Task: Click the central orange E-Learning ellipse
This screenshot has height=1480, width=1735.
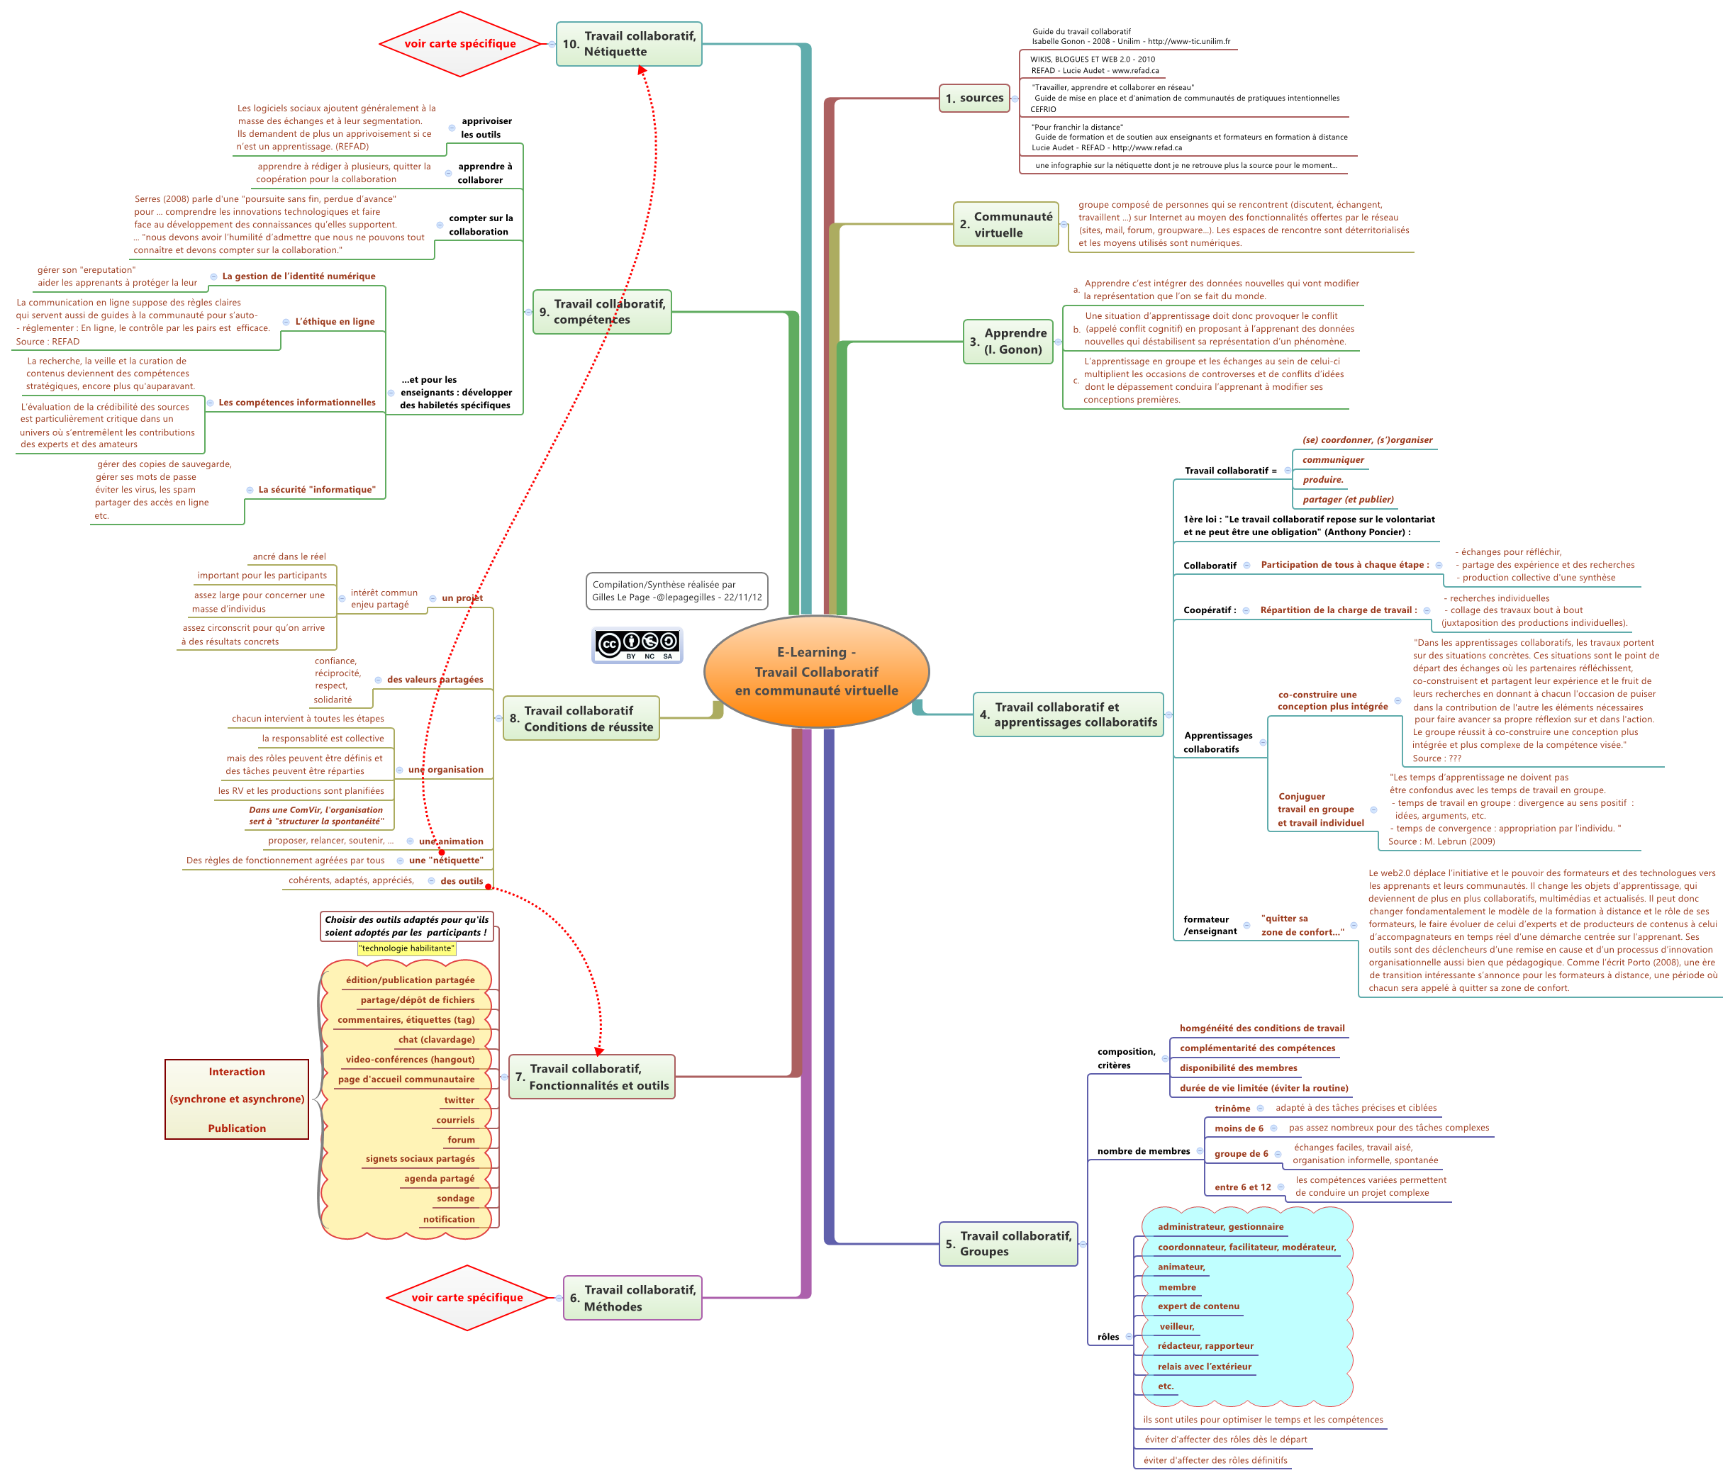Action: coord(816,671)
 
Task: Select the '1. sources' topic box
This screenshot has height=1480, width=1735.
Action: coord(974,98)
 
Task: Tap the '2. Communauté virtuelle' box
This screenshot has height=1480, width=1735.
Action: coord(1005,225)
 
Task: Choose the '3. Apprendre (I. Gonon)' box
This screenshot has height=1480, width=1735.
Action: coord(1008,342)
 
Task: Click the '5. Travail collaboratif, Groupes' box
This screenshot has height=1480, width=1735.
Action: coord(1008,1244)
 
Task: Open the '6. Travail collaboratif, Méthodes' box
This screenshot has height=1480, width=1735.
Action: coord(632,1298)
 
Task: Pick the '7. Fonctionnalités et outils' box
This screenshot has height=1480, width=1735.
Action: coord(592,1077)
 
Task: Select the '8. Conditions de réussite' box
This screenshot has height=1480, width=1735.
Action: coord(581,718)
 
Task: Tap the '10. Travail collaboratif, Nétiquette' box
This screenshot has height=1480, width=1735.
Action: coord(629,43)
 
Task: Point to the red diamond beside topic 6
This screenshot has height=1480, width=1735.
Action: coord(467,1298)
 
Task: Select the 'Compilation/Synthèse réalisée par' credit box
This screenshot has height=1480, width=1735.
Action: coord(676,591)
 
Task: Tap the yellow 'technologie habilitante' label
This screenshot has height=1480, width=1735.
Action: coord(407,948)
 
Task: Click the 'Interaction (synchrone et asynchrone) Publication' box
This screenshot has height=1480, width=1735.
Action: coord(237,1099)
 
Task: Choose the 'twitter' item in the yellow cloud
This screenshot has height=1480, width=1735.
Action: coord(459,1100)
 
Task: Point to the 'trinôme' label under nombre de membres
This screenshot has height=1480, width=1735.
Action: coord(1232,1109)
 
